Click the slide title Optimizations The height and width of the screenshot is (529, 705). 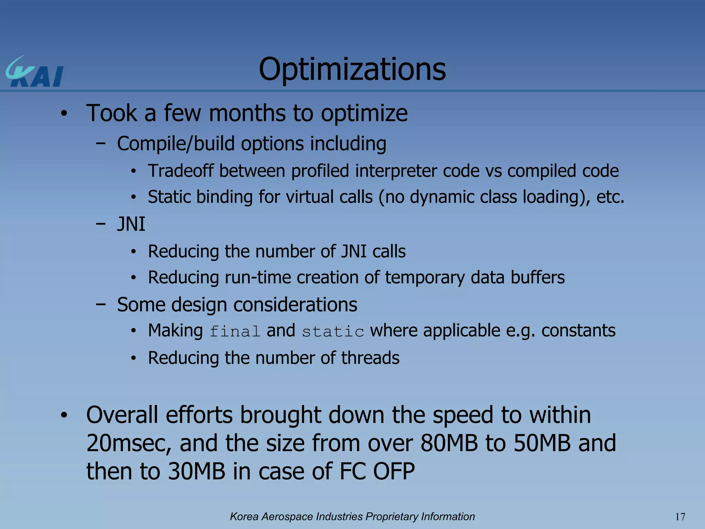point(352,69)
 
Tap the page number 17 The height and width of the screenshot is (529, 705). point(680,517)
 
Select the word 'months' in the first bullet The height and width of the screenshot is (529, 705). point(247,113)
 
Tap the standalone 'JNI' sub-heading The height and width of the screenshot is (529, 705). point(131,224)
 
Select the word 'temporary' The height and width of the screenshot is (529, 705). point(424,278)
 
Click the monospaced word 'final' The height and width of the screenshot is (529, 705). point(235,331)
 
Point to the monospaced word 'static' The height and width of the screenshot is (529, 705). point(333,331)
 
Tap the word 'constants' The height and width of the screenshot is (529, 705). point(578,331)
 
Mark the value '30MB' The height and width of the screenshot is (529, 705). point(197,471)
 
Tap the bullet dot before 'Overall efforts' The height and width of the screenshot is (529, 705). point(64,415)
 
